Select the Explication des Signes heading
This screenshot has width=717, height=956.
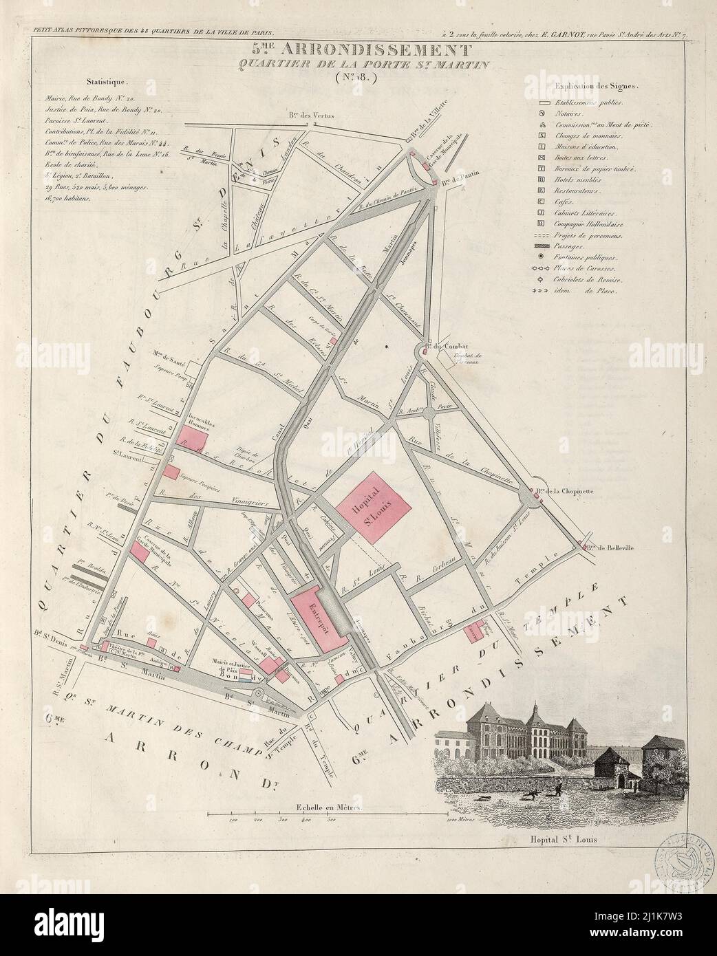pyautogui.click(x=595, y=87)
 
